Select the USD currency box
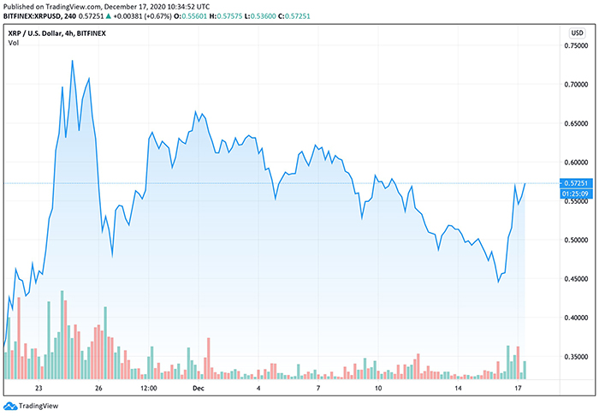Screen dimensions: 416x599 pyautogui.click(x=576, y=32)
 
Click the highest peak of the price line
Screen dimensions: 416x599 pyautogui.click(x=72, y=61)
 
